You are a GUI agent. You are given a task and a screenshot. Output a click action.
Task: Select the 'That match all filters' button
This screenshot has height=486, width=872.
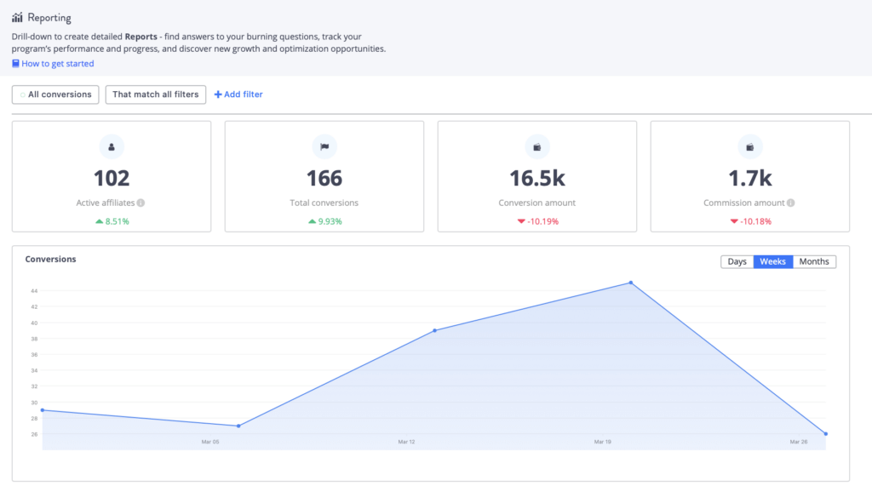[155, 94]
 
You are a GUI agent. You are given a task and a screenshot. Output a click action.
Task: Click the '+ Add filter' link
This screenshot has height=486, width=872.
[238, 94]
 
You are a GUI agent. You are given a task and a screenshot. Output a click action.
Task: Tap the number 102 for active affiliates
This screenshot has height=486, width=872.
[112, 178]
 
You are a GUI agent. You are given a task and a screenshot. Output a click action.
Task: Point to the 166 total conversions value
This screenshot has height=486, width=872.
[324, 178]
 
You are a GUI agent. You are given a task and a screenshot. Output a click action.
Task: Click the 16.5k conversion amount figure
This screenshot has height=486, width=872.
[537, 178]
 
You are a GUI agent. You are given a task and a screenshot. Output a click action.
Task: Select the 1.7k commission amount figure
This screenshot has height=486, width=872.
[749, 178]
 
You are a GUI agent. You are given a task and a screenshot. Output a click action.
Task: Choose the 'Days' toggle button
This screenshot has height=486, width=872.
[737, 261]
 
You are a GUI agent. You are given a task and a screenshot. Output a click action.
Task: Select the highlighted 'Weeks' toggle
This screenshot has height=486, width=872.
[772, 261]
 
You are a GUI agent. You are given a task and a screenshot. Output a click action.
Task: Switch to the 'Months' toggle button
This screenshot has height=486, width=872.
[814, 261]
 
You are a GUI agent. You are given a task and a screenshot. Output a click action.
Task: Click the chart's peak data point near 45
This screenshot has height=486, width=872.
[630, 283]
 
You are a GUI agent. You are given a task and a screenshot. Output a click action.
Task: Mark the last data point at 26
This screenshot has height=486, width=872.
[825, 434]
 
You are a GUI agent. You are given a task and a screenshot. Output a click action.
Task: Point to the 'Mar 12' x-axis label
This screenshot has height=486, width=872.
[406, 442]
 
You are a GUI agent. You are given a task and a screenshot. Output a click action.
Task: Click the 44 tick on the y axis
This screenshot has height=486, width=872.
[34, 291]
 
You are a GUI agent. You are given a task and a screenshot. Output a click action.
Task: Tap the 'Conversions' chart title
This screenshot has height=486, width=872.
[50, 259]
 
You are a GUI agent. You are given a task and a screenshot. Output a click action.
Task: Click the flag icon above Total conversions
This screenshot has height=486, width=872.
[324, 147]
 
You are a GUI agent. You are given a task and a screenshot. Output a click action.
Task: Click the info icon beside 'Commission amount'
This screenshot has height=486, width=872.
[791, 203]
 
